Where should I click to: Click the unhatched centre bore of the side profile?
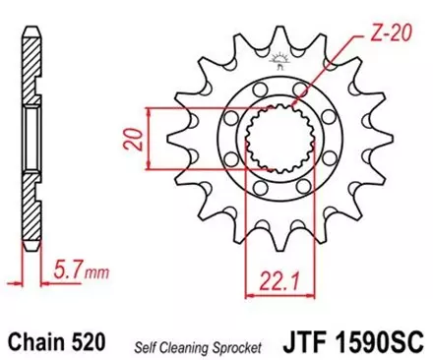pyautogui.click(x=30, y=138)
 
